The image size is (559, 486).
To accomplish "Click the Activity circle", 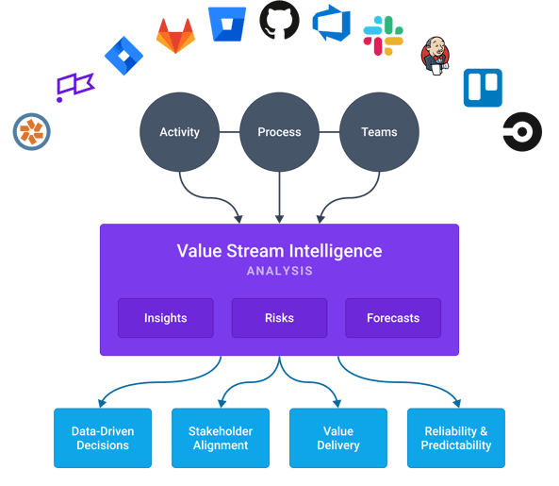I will [x=179, y=132].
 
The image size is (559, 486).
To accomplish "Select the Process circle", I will [x=279, y=132].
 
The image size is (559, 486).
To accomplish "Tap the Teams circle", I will [x=378, y=132].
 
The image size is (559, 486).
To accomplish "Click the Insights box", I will [x=166, y=318].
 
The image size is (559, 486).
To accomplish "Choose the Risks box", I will [x=279, y=318].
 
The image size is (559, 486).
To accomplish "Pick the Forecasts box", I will [x=393, y=318].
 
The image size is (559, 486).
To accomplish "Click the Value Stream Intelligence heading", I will [x=279, y=251].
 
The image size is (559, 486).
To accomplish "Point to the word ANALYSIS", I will [x=279, y=272].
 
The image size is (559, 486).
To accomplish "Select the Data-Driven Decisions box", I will [x=103, y=438].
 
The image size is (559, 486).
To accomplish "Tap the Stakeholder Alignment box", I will [x=221, y=438].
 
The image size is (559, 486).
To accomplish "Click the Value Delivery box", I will [x=338, y=438].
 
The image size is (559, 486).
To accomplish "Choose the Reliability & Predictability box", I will [x=455, y=438].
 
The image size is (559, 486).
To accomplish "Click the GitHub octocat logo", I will [x=279, y=20].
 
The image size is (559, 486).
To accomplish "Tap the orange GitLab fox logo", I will [x=176, y=36].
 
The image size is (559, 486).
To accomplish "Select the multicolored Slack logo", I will [x=384, y=36].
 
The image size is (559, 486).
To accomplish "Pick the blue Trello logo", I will [x=484, y=88].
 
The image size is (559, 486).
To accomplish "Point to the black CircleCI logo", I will [x=522, y=131].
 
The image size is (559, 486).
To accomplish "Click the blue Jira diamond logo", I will [x=123, y=56].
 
